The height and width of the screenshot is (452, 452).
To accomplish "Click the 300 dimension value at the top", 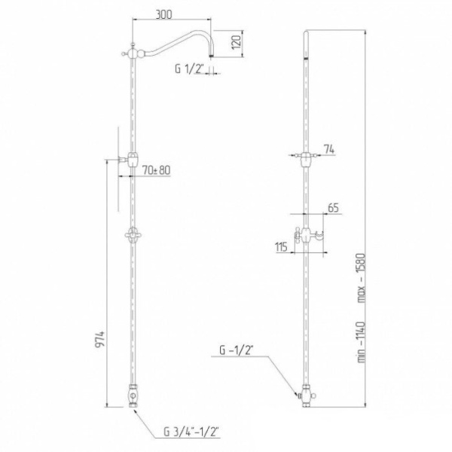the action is tap(163, 14).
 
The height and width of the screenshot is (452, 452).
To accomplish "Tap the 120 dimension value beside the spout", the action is tap(237, 42).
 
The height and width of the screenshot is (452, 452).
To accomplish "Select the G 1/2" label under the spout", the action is tap(189, 69).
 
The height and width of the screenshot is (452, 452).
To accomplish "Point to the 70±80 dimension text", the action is tap(156, 170).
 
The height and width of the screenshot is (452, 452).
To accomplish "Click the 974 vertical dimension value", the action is tap(99, 341).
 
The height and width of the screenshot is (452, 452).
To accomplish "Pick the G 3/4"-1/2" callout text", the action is tap(191, 432).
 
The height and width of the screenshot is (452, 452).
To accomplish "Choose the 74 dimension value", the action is tap(329, 150).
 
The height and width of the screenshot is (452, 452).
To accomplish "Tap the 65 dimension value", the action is tap(333, 208).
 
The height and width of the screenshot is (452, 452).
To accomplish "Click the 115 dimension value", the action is tap(282, 247).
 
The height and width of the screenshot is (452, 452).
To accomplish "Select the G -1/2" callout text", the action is tap(237, 350).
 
